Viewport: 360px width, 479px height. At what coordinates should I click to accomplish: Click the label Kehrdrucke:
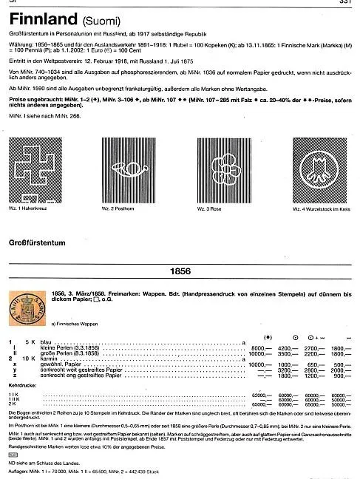21,387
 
